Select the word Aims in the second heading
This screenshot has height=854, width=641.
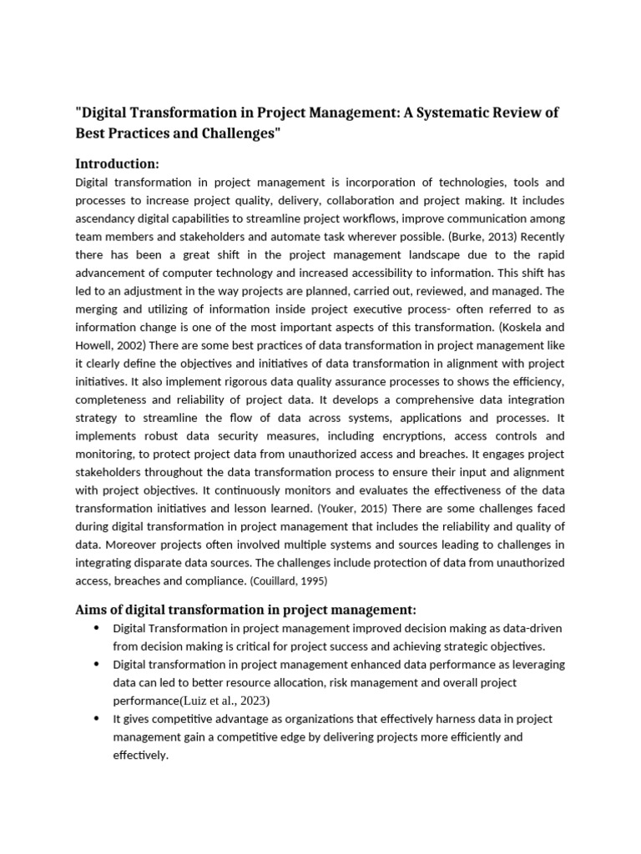point(93,610)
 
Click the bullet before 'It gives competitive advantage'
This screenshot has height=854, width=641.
point(98,719)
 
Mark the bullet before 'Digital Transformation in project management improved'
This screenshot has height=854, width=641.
point(98,628)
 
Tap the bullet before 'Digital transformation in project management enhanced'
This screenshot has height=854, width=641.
point(98,665)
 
